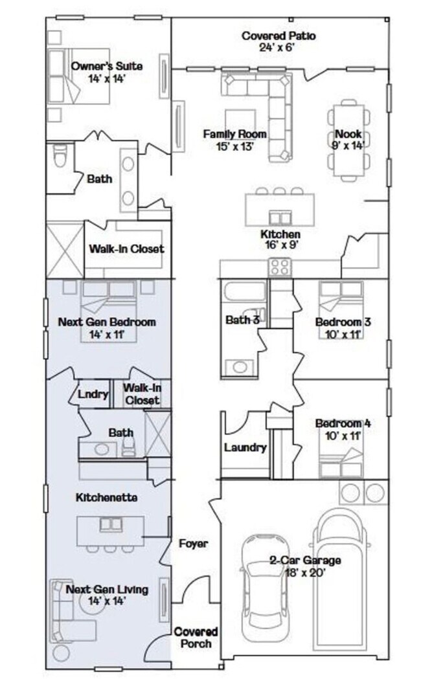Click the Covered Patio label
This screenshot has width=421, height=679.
(279, 36)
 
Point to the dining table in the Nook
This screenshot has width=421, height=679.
(348, 139)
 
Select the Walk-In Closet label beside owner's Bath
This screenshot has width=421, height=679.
(126, 249)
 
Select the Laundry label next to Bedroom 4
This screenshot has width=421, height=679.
(245, 447)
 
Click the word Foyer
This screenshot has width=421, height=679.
(193, 544)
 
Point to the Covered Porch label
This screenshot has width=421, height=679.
(196, 637)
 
